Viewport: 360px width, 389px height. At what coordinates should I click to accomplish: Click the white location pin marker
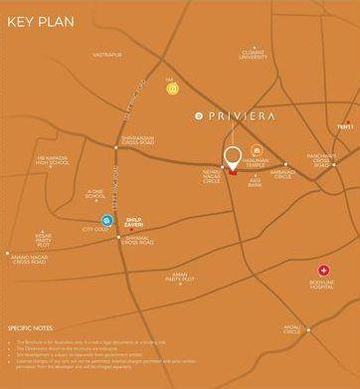point(233,158)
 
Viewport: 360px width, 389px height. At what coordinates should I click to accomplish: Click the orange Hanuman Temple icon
point(258,148)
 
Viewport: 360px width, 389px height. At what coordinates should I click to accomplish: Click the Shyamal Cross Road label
point(137,239)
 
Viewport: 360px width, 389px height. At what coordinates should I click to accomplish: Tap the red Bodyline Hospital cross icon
point(322,270)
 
